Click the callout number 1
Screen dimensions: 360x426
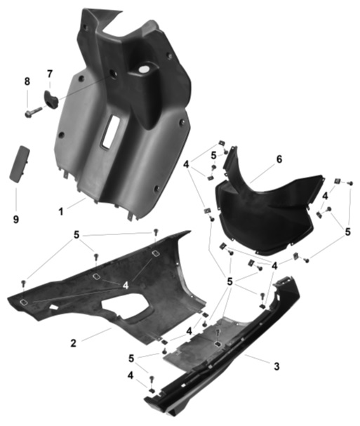tap(61, 211)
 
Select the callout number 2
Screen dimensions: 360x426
tap(74, 343)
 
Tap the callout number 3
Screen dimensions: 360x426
tap(276, 366)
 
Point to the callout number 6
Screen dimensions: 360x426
tap(279, 159)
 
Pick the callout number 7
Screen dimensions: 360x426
tap(50, 74)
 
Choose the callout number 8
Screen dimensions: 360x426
tap(27, 81)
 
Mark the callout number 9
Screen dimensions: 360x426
tap(16, 219)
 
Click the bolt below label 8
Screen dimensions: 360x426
tap(33, 112)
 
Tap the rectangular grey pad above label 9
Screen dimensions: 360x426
tap(19, 164)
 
